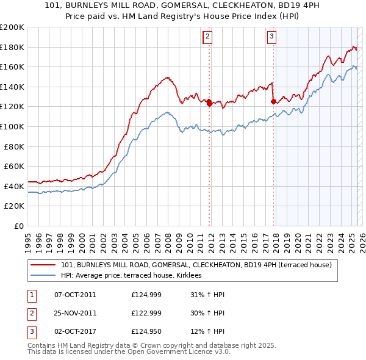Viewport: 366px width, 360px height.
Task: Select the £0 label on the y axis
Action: click(18, 226)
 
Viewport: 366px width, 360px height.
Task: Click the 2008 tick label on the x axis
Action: click(168, 239)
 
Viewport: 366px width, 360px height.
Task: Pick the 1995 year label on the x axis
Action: click(28, 239)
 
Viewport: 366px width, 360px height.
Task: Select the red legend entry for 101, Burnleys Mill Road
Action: click(196, 265)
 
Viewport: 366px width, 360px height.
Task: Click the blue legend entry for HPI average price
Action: click(135, 276)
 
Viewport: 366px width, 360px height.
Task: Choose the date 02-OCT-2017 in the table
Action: click(75, 331)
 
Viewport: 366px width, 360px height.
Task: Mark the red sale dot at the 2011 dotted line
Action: click(209, 103)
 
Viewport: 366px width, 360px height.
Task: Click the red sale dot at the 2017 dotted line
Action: click(273, 102)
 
